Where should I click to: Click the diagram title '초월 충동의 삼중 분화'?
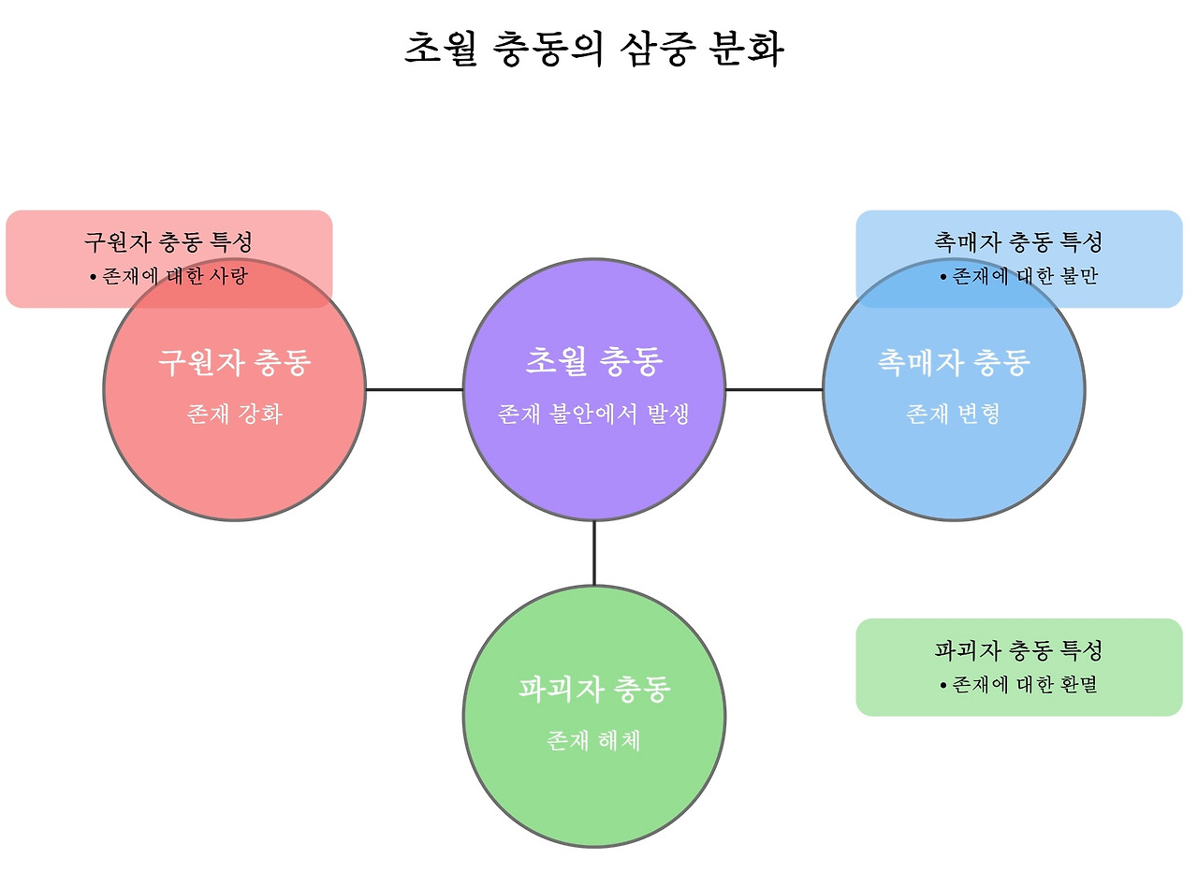coord(593,49)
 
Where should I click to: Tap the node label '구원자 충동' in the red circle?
coord(234,362)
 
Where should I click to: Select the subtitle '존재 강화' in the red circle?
coord(234,414)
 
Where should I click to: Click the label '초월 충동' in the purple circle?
coord(593,361)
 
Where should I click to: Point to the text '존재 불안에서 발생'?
coord(593,414)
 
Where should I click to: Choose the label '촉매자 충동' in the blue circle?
coord(954,362)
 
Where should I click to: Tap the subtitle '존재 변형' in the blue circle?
coord(954,414)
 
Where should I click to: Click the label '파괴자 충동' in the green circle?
coord(593,691)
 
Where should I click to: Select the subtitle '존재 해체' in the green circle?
coord(593,741)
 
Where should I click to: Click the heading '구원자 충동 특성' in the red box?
coord(168,242)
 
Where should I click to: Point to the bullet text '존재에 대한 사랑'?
coord(175,276)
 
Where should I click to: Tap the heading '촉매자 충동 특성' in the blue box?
coord(1018,242)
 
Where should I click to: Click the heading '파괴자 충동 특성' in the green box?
coord(1018,650)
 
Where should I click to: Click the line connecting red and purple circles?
coord(414,389)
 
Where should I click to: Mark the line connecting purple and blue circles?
coord(774,389)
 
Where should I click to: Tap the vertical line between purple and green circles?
coord(593,553)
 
